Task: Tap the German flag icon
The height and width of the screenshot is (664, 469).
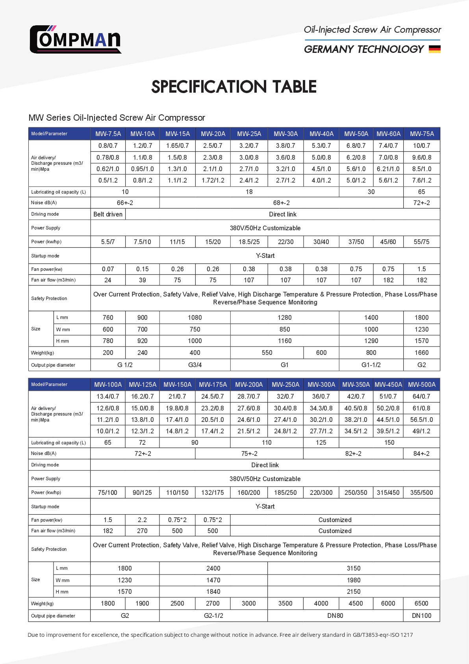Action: click(434, 49)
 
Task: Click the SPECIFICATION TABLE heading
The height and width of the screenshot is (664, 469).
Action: click(234, 87)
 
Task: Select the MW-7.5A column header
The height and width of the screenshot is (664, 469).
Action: click(108, 134)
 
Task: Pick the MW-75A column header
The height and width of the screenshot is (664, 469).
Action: click(422, 134)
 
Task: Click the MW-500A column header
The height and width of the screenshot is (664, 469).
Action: click(421, 384)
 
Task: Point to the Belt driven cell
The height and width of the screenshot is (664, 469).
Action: click(108, 214)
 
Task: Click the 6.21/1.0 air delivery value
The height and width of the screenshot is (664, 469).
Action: click(388, 169)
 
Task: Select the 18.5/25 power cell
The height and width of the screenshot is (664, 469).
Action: click(249, 242)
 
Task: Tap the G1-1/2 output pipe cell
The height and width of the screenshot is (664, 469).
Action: click(371, 365)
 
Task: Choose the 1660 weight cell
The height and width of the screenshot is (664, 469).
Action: click(421, 353)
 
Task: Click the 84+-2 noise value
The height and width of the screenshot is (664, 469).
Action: click(421, 453)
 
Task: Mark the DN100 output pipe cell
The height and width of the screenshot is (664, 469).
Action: click(421, 616)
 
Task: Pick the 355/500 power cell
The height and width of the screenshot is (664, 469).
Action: click(421, 492)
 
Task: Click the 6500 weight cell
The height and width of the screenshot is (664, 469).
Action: click(421, 603)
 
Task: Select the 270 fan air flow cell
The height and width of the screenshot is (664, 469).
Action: click(142, 531)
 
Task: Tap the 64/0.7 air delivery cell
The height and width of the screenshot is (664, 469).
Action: click(421, 396)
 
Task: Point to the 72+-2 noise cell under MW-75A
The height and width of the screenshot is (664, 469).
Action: click(421, 203)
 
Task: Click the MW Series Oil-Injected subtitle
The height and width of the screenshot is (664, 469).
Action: click(117, 118)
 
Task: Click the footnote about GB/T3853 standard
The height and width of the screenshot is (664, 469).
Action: click(220, 635)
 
